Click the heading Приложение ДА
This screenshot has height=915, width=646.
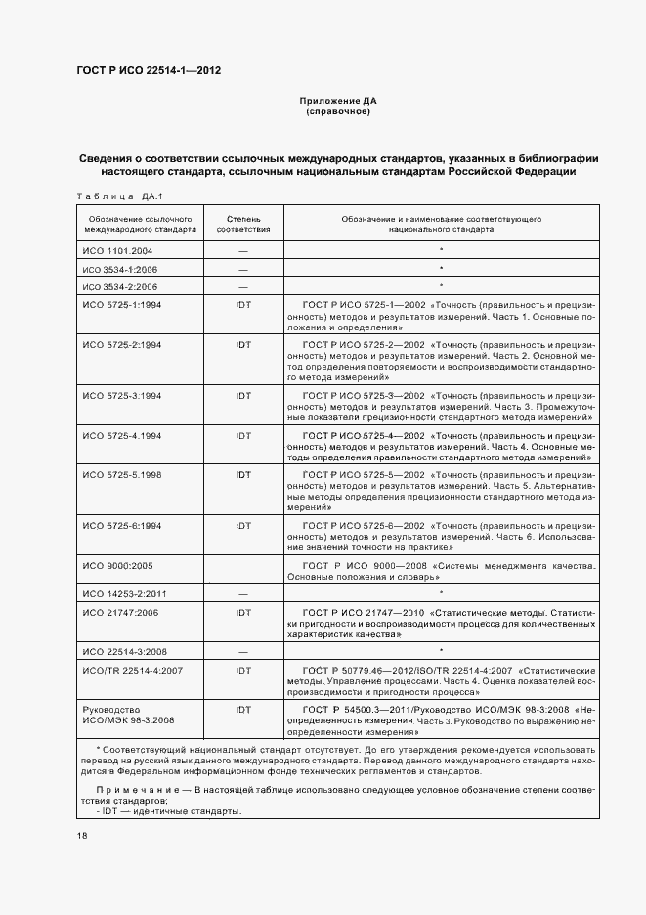[x=337, y=101]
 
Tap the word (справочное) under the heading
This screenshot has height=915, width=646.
[x=337, y=111]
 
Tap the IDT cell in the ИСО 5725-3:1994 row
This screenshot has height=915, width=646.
[x=243, y=395]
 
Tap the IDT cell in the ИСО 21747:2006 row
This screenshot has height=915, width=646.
[x=243, y=612]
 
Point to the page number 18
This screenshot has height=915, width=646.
[x=81, y=835]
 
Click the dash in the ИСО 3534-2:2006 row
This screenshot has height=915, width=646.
[x=243, y=286]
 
